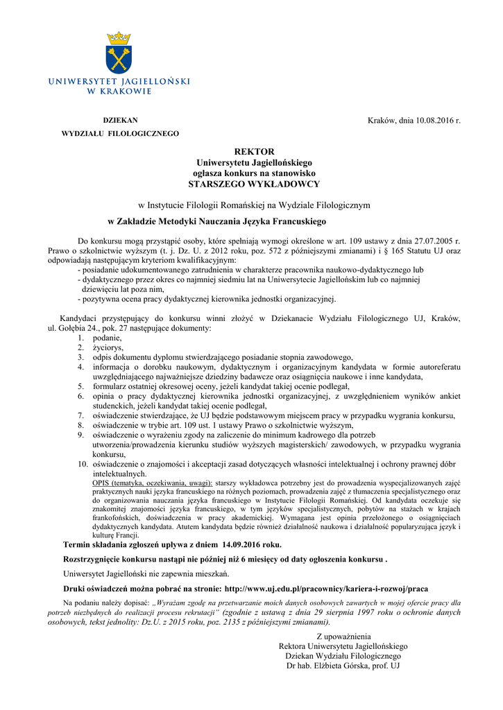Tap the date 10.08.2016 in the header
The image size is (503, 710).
click(434, 121)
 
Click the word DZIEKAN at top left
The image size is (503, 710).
click(121, 120)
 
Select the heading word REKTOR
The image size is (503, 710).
click(254, 151)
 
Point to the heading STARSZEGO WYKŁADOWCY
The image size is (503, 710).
click(254, 184)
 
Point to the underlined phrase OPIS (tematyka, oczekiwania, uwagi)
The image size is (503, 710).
click(153, 483)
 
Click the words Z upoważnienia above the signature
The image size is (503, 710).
click(343, 637)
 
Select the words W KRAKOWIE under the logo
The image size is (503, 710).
click(119, 91)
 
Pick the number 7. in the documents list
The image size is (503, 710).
click(81, 415)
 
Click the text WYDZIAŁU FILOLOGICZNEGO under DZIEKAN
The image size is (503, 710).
click(120, 133)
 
